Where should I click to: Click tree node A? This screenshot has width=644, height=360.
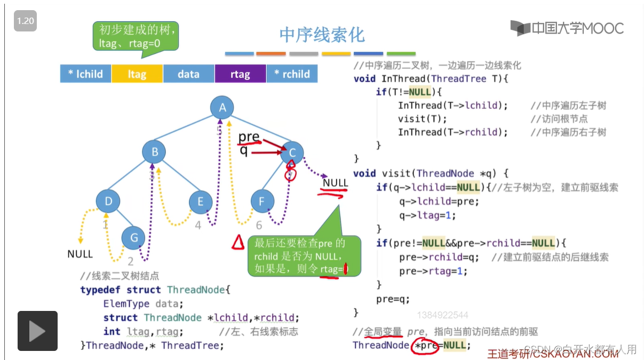click(x=222, y=108)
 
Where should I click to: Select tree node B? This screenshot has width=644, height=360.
click(x=155, y=152)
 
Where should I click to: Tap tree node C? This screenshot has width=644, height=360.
click(x=292, y=153)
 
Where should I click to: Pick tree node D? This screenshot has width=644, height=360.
click(x=108, y=201)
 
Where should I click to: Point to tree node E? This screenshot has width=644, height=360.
click(x=201, y=202)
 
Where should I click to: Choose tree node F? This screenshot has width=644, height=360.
click(x=262, y=202)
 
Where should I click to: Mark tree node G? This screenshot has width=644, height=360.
click(x=133, y=238)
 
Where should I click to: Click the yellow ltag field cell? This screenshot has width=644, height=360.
click(x=137, y=74)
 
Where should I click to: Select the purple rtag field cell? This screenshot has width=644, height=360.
click(x=240, y=74)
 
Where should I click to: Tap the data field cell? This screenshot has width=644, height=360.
click(x=188, y=74)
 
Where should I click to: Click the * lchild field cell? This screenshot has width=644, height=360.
click(x=85, y=74)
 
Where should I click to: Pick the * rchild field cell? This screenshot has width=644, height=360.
click(x=291, y=74)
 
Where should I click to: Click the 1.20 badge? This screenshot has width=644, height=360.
click(x=25, y=21)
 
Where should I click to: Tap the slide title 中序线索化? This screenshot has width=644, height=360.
click(x=322, y=35)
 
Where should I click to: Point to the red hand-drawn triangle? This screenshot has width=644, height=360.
click(x=237, y=243)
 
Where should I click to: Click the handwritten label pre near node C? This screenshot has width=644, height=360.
click(x=249, y=137)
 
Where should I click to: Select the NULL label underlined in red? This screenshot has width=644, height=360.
click(x=335, y=183)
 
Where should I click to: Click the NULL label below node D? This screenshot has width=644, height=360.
click(x=80, y=254)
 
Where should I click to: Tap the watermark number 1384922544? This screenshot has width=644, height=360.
click(x=442, y=315)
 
